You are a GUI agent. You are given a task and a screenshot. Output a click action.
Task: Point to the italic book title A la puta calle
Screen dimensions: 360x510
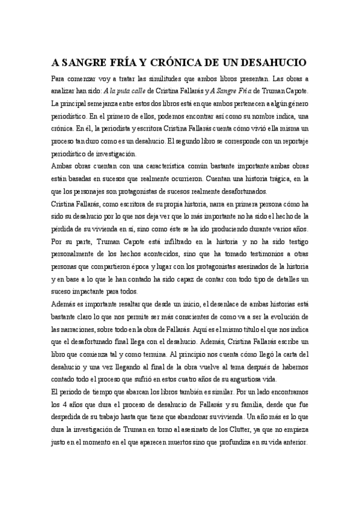point(126,91)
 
